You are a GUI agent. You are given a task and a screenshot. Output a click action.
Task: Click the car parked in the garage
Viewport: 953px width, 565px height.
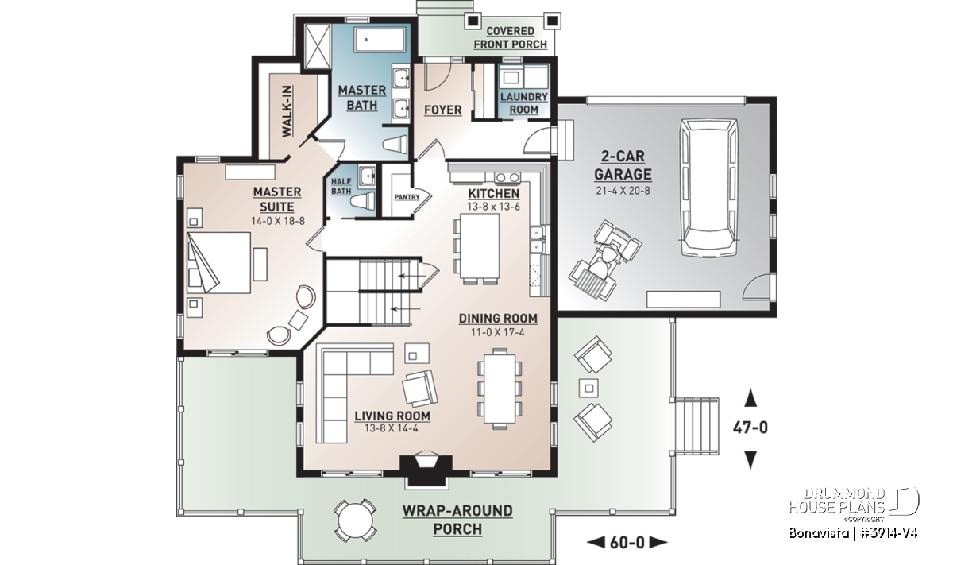point(708,188)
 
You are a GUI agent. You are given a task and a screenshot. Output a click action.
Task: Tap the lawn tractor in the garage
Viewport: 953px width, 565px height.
point(605,261)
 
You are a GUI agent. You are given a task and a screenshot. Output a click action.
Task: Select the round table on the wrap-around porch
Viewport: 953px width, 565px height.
point(355,520)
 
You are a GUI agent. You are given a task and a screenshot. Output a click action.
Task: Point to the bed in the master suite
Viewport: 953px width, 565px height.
point(218,262)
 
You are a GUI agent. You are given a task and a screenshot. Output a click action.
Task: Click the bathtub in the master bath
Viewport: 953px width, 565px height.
point(380,41)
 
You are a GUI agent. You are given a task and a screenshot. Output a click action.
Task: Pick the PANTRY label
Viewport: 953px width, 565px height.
point(407,197)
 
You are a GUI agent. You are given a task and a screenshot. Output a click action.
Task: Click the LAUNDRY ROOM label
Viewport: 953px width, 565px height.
point(523,103)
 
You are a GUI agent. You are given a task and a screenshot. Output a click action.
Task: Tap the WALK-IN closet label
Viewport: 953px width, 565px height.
point(287,111)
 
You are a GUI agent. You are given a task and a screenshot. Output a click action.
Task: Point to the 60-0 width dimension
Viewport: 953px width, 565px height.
point(627,543)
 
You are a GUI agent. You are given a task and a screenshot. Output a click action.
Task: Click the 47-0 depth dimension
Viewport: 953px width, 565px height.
point(750,427)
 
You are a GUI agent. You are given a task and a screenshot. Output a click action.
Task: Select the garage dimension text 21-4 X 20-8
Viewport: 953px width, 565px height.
point(623,191)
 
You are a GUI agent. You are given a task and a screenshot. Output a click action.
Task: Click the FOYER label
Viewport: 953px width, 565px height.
point(443,110)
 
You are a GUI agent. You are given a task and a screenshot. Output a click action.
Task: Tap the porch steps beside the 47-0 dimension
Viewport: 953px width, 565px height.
point(695,426)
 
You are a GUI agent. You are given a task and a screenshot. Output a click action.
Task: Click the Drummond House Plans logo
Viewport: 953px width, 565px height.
point(854,507)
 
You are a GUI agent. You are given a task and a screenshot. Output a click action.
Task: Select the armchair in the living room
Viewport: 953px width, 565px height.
point(420,389)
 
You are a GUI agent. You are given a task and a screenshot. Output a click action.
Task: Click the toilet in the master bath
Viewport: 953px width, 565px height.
point(395,145)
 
